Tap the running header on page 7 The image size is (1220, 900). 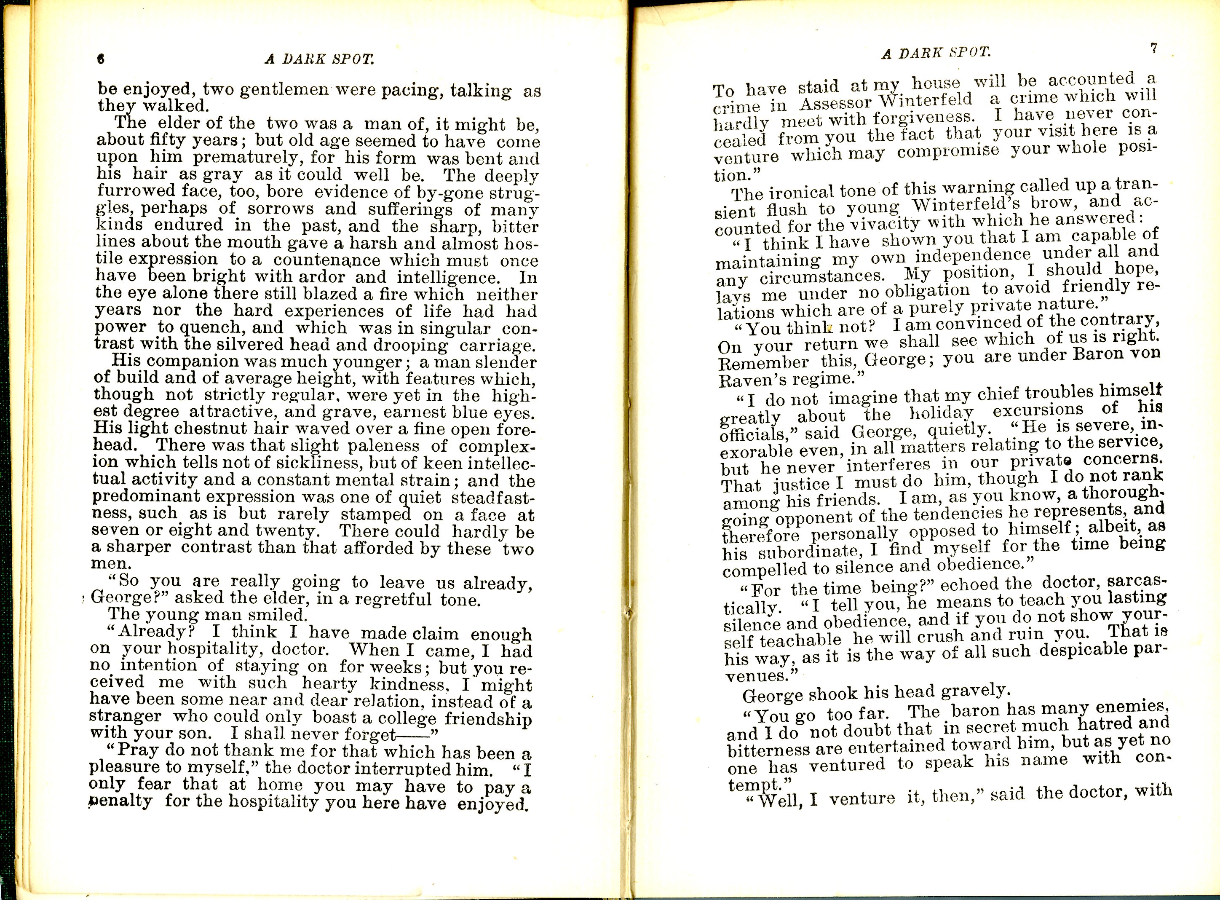click(x=935, y=53)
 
